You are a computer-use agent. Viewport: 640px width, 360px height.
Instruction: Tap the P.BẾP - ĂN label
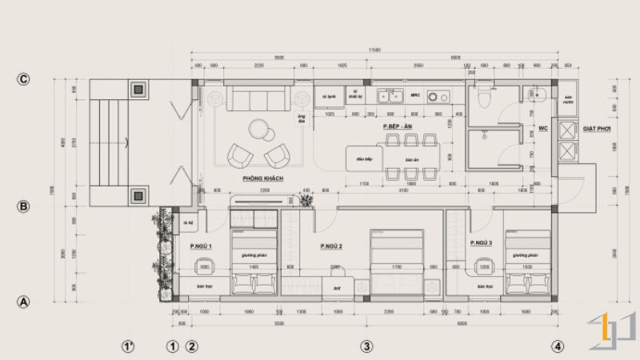pos(397,126)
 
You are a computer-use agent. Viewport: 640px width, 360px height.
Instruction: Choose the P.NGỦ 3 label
pos(481,242)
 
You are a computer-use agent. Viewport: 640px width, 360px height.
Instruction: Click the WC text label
pos(542,127)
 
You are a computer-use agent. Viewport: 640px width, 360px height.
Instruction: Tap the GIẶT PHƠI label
pos(598,127)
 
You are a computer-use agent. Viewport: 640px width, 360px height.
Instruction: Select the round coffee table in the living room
pos(258,129)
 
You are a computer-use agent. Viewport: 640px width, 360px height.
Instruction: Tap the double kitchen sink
pos(390,97)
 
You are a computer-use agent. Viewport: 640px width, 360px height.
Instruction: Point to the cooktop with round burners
pos(438,97)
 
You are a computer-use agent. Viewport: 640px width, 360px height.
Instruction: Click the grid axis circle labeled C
pos(24,79)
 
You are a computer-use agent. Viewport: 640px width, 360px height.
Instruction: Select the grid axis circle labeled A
pos(24,302)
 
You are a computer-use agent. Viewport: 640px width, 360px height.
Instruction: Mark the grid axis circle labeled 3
pos(366,346)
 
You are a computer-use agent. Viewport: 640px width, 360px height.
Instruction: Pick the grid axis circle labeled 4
pos(557,346)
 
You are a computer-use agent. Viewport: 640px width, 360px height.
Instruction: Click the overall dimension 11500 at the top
pos(374,51)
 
